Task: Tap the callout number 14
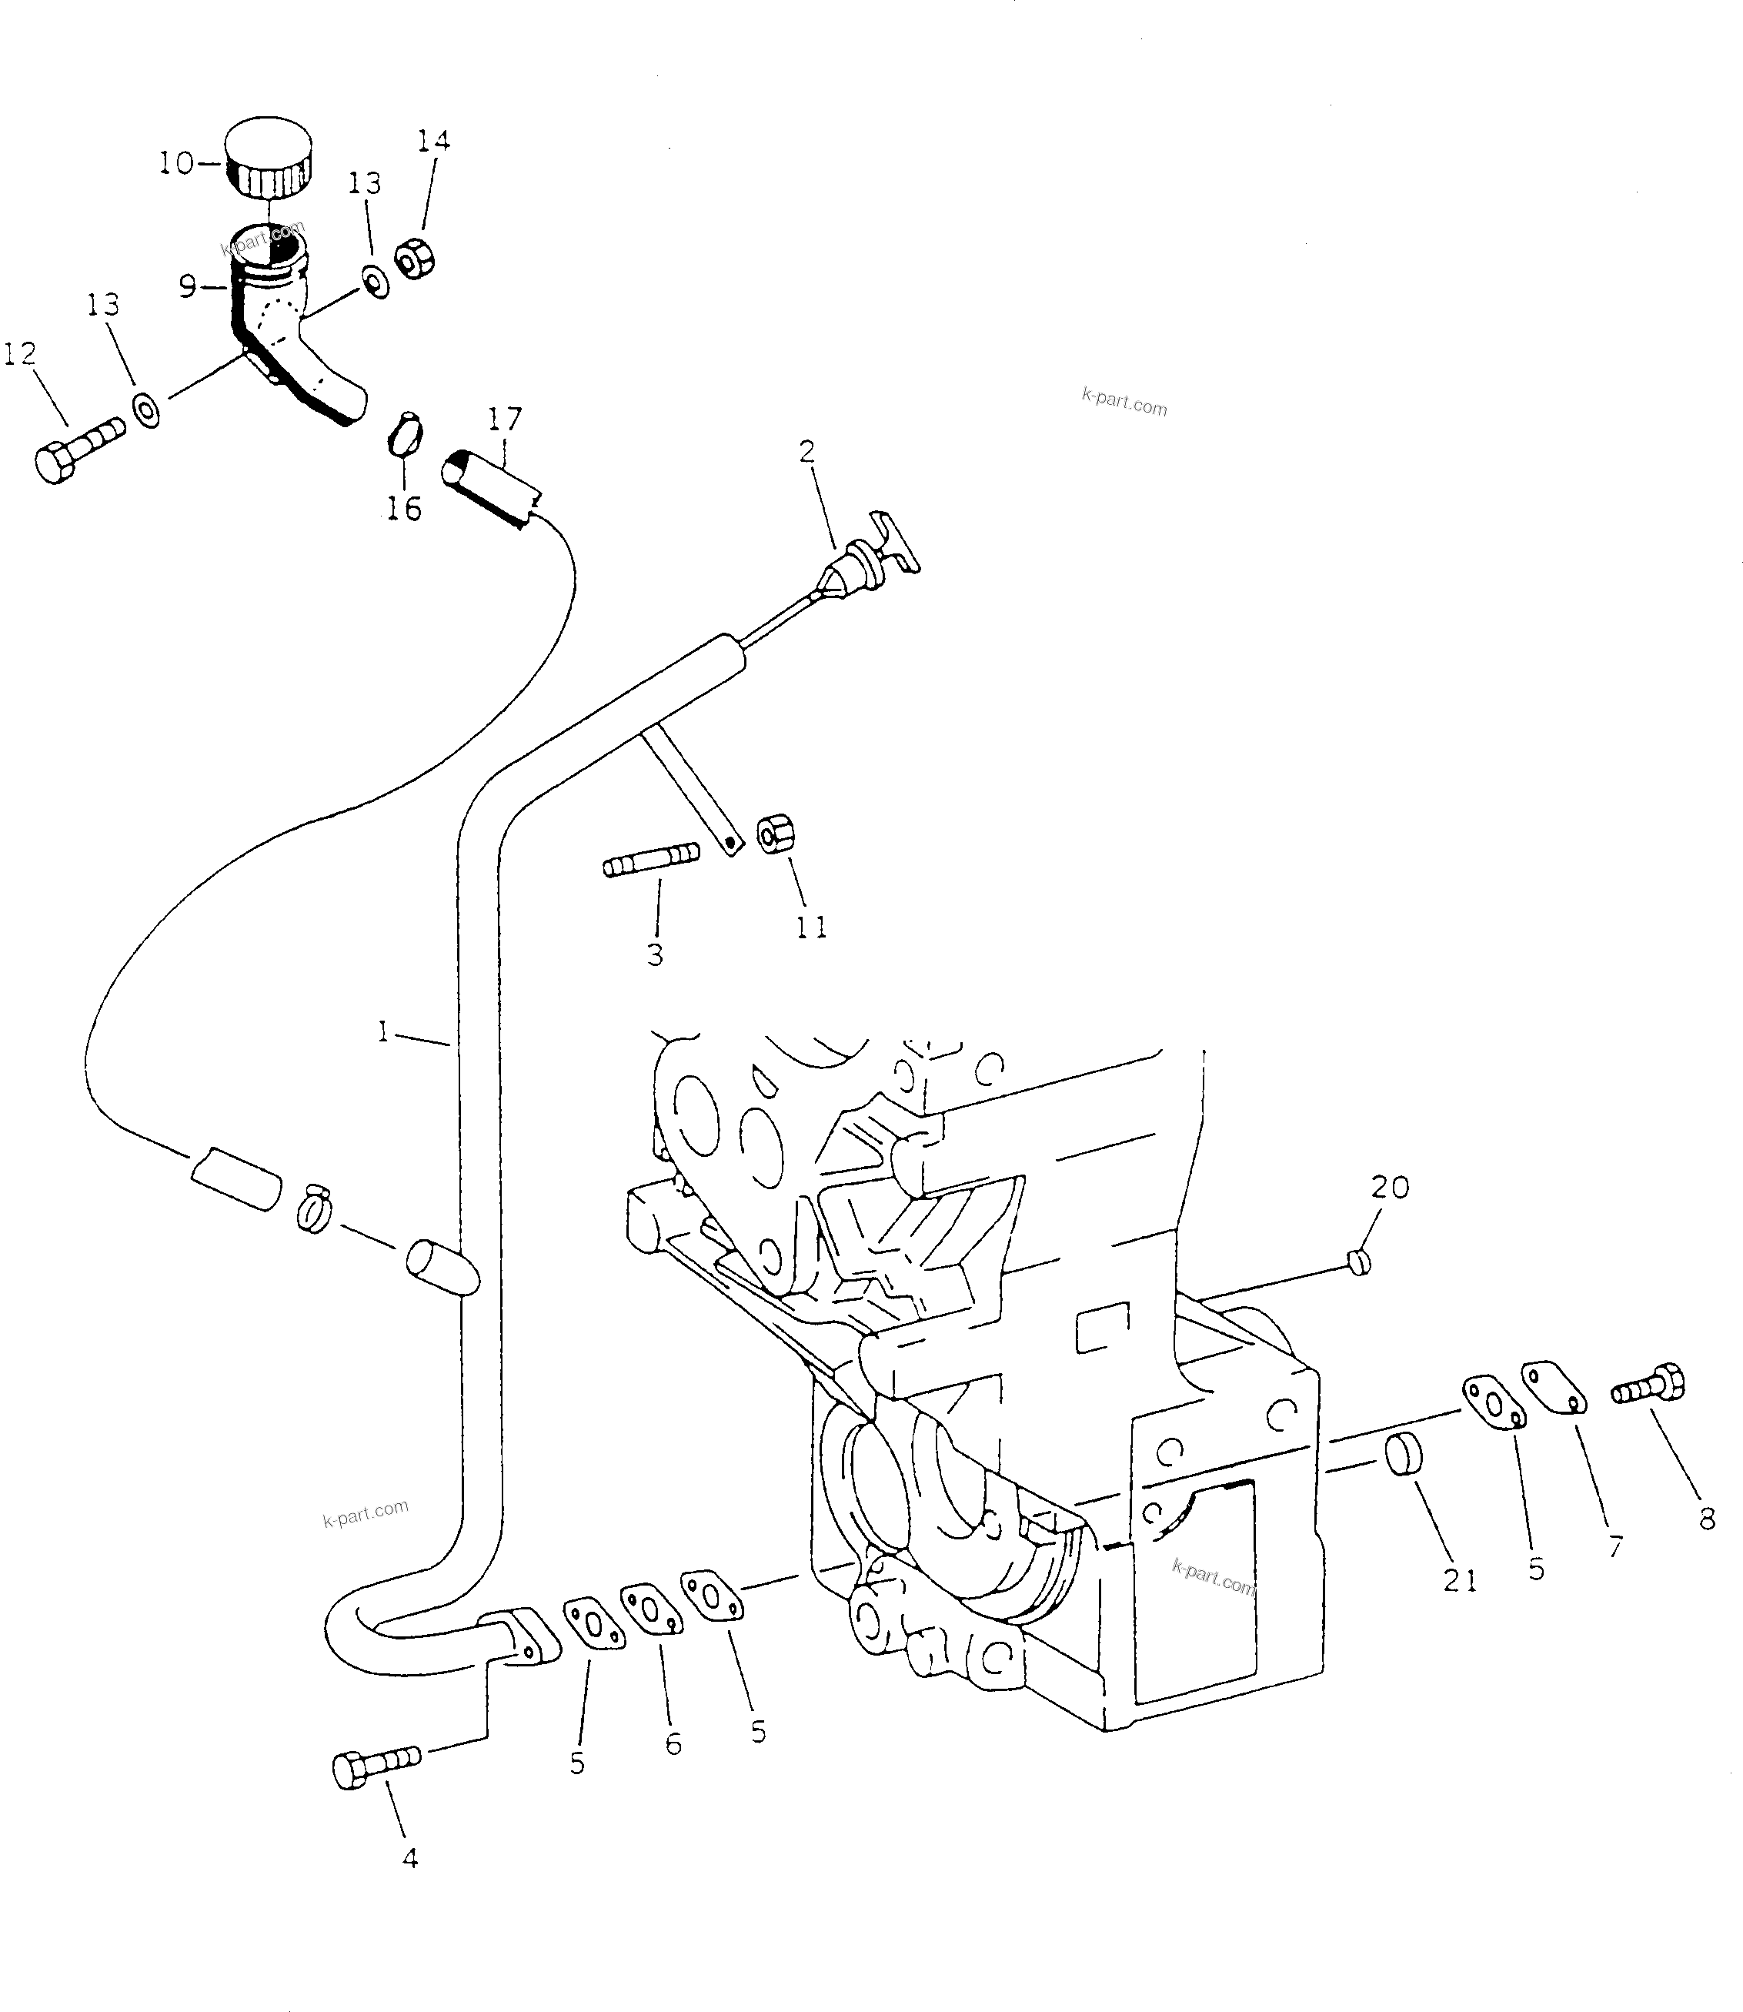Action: coord(434,141)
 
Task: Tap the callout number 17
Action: coord(505,419)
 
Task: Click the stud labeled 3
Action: coord(651,859)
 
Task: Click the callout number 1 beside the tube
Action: coord(383,1032)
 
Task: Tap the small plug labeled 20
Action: coord(1360,1262)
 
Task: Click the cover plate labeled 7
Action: coord(1554,1386)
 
